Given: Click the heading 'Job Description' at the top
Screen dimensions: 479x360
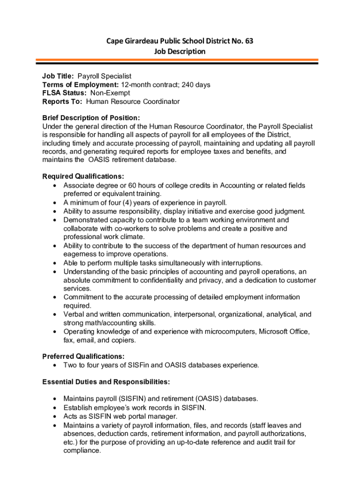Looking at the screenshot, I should (x=180, y=51).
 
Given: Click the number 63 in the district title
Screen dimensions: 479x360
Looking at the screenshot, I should (x=248, y=41).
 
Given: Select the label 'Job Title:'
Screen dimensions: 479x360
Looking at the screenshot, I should (x=58, y=76).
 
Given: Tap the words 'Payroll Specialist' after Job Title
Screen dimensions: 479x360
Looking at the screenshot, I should (x=105, y=76).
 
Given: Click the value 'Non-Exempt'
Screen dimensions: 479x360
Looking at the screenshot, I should (x=110, y=93).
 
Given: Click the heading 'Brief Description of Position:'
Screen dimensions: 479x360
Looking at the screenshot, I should (x=91, y=118).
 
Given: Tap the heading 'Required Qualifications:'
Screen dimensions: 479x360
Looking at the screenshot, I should (x=83, y=176).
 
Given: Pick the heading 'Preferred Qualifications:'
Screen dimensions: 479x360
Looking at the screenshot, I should (x=83, y=356).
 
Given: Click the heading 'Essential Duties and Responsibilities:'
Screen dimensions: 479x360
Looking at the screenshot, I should (x=106, y=382).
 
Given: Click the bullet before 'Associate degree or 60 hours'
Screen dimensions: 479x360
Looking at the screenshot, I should (x=55, y=186).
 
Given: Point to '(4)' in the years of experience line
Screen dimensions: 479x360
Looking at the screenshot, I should (x=126, y=203).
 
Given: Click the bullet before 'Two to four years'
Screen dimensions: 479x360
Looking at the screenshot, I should (x=55, y=365).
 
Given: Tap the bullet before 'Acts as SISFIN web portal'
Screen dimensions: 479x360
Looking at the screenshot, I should (x=55, y=416).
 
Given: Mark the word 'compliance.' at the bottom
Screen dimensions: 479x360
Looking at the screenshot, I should (x=82, y=451).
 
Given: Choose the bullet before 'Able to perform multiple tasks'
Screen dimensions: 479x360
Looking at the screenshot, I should (x=55, y=263).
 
